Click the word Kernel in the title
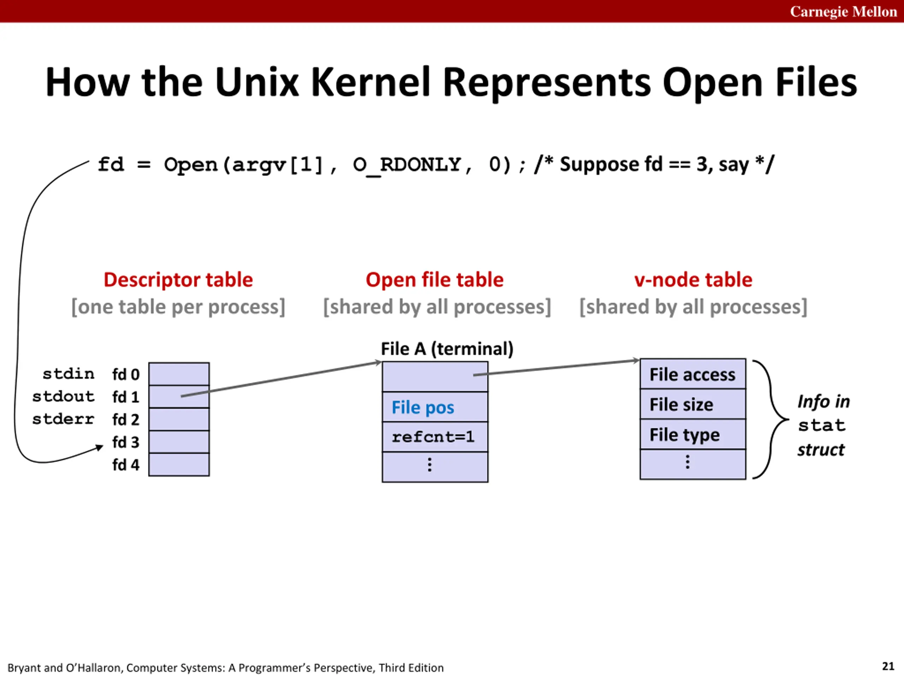pyautogui.click(x=370, y=82)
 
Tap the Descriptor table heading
pyautogui.click(x=178, y=280)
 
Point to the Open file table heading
pyautogui.click(x=434, y=280)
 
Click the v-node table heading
pyautogui.click(x=693, y=280)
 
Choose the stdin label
pyautogui.click(x=68, y=374)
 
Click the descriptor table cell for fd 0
pyautogui.click(x=179, y=374)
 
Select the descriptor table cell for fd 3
pyautogui.click(x=179, y=442)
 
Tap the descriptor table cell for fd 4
pyautogui.click(x=179, y=465)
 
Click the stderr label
pyautogui.click(x=63, y=419)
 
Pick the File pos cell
pyautogui.click(x=435, y=407)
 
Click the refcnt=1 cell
pyautogui.click(x=435, y=437)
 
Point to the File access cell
pyautogui.click(x=693, y=374)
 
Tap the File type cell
pyautogui.click(x=693, y=434)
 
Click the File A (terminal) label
pyautogui.click(x=447, y=349)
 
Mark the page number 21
pyautogui.click(x=888, y=666)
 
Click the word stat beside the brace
pyautogui.click(x=821, y=426)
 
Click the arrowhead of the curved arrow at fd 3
pyautogui.click(x=99, y=447)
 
